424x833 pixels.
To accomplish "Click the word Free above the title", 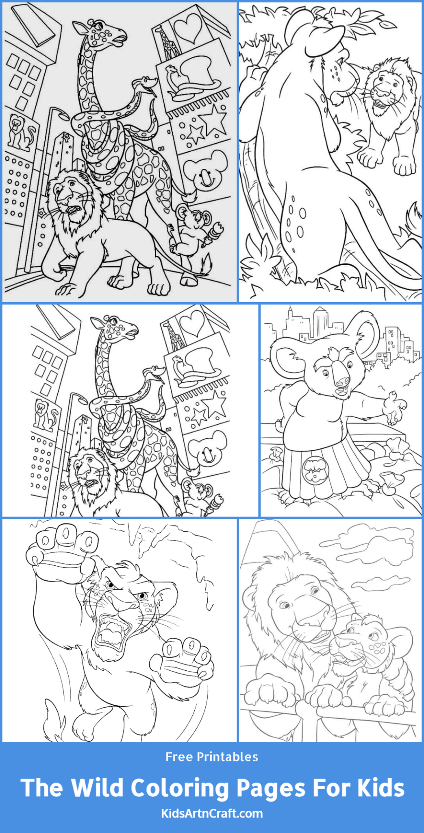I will [x=179, y=757].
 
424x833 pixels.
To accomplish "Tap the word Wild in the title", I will [x=98, y=788].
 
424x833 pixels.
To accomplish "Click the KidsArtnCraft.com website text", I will [x=212, y=814].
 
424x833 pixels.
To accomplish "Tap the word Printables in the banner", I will [x=227, y=757].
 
